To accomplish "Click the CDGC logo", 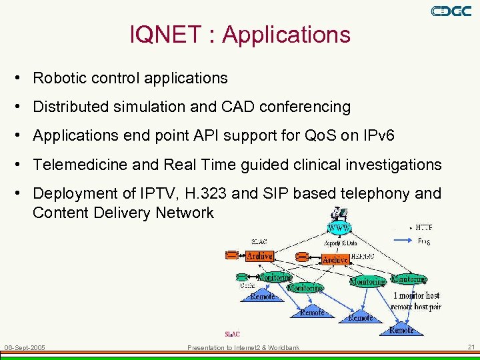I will pos(451,11).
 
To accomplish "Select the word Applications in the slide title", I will pos(287,35).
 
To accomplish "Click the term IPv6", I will pos(377,136).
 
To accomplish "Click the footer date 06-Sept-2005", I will pos(25,347).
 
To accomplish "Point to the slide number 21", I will pos(471,347).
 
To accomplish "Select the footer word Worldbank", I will pos(283,347).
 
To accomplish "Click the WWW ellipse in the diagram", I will pos(339,227).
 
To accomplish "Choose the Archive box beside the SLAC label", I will pos(259,255).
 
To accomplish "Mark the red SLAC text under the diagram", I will pos(232,334).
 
